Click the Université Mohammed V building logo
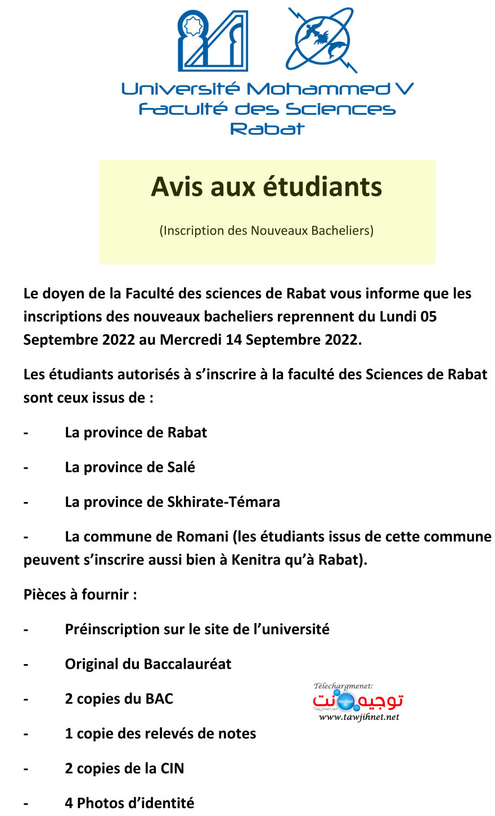pos(213,41)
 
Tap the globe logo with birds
pos(320,40)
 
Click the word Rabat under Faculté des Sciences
pos(267,129)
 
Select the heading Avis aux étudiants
pos(267,187)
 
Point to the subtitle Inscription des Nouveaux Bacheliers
pos(267,230)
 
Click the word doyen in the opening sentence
pos(63,293)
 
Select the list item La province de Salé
pos(130,467)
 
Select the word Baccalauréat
pos(185,664)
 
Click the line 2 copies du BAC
pos(119,699)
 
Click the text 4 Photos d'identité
pos(129,802)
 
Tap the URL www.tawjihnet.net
pos(359,717)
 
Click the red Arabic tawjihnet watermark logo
pos(358,701)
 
